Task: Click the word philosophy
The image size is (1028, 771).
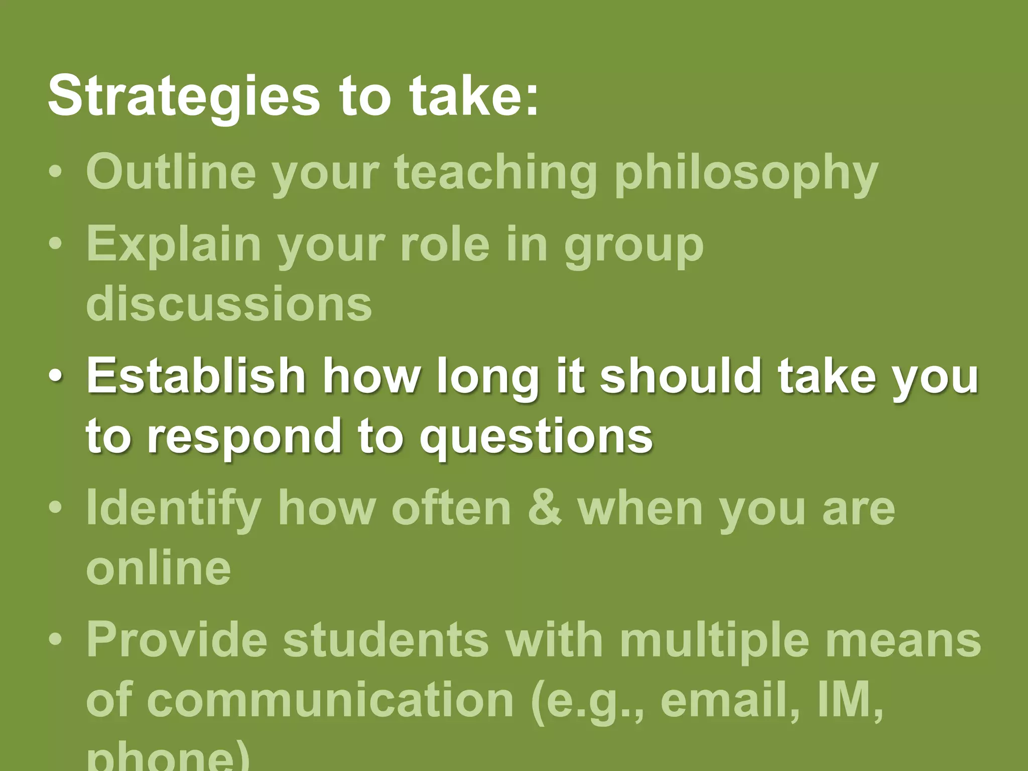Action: [746, 173]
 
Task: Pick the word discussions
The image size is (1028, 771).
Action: [229, 304]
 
